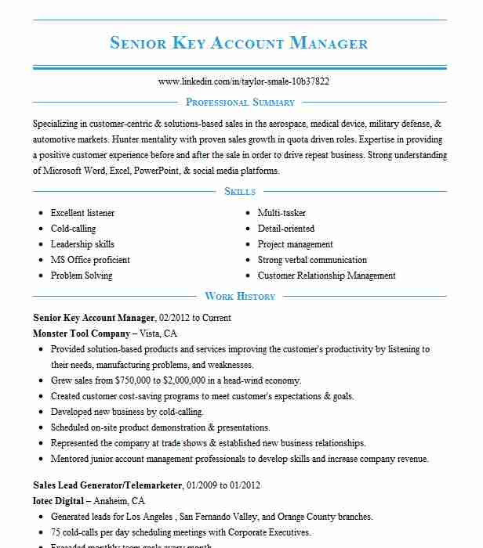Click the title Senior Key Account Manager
click(239, 42)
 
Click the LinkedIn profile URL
click(243, 81)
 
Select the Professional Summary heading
click(240, 103)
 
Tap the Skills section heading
click(240, 192)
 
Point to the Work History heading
click(240, 297)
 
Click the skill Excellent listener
click(82, 213)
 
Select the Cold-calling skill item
click(73, 229)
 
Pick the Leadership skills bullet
click(82, 244)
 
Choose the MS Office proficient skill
click(90, 260)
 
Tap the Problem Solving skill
click(82, 276)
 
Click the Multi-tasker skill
click(281, 213)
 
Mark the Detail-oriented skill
click(286, 229)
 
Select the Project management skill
click(296, 244)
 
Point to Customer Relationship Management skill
click(327, 276)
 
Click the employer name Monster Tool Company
click(82, 333)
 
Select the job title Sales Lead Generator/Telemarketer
click(107, 485)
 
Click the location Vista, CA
click(159, 333)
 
